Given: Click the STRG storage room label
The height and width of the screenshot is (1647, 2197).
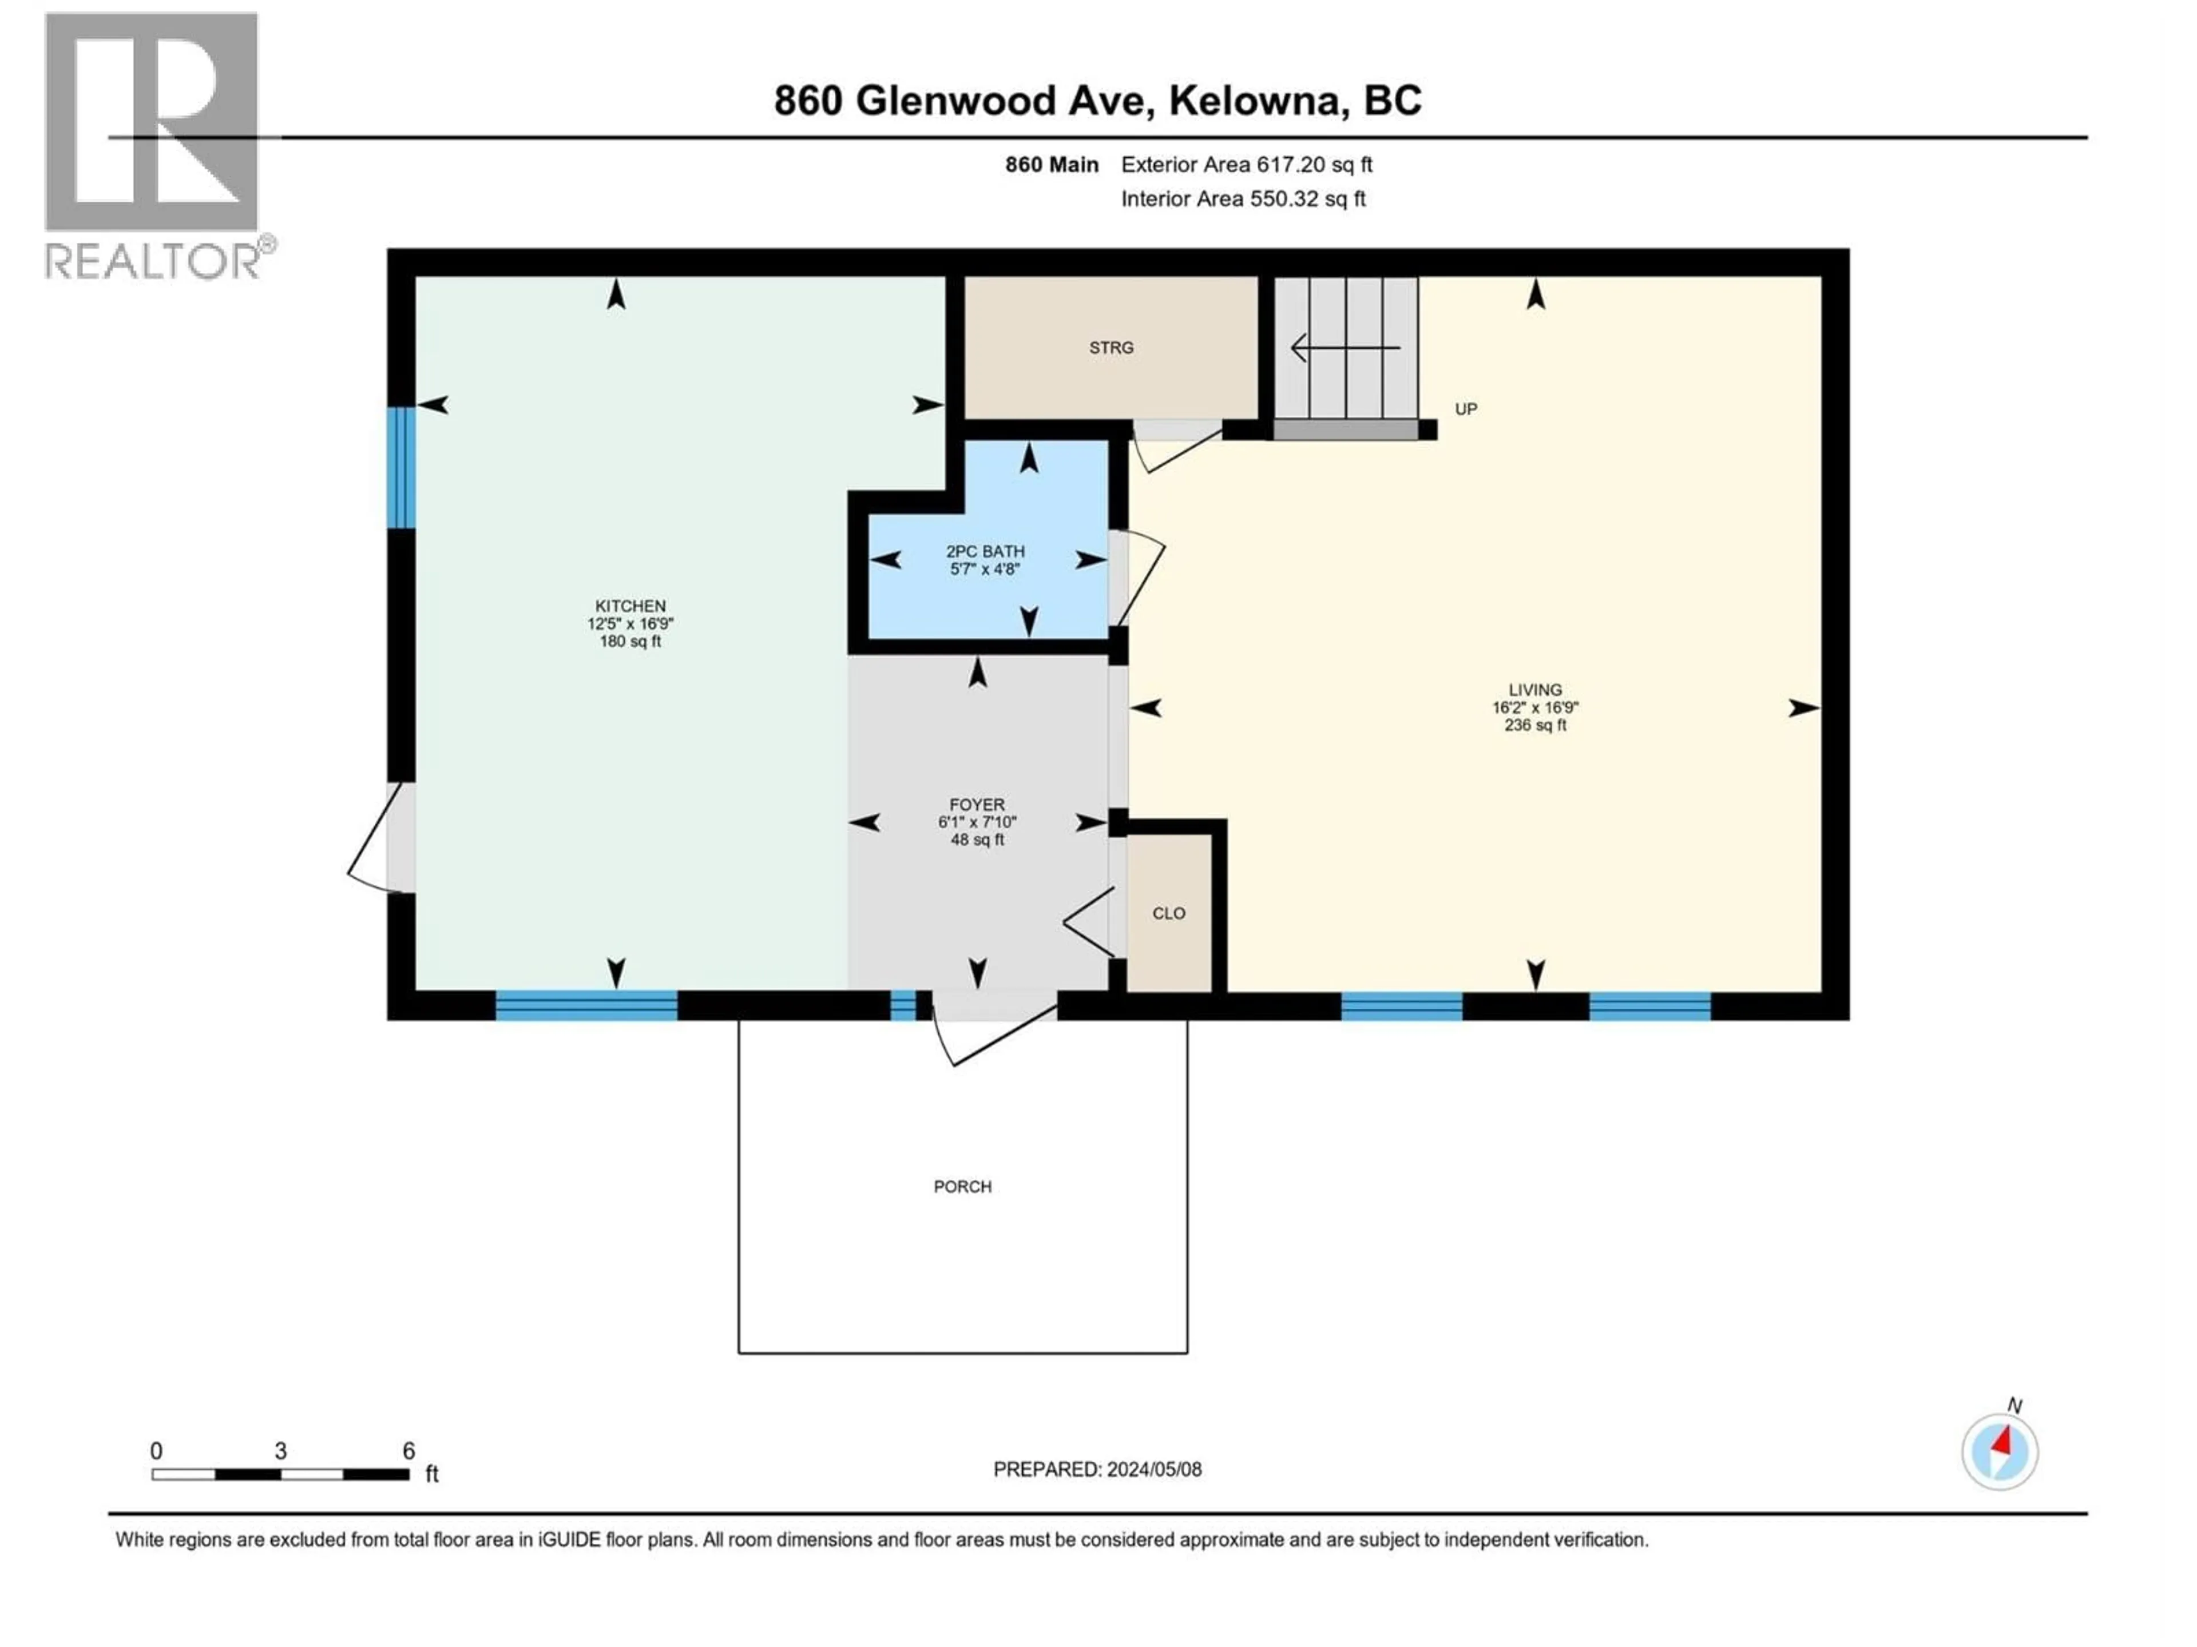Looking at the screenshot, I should tap(1111, 348).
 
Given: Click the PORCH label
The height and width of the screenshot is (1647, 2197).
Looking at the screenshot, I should tap(962, 1187).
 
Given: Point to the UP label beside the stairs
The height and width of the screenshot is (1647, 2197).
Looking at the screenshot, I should tap(1465, 409).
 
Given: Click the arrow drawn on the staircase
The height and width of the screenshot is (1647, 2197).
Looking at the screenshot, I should tap(1345, 348).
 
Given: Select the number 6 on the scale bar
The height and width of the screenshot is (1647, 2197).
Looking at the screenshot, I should tap(408, 1450).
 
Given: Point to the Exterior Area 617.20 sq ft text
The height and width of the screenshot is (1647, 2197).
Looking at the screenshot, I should tap(1247, 165).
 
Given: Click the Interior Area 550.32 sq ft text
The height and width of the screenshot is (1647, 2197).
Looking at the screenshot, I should tap(1243, 198).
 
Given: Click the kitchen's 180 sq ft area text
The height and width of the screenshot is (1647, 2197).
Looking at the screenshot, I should tap(630, 641).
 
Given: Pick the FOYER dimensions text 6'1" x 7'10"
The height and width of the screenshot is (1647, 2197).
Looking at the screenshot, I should tap(977, 822).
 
